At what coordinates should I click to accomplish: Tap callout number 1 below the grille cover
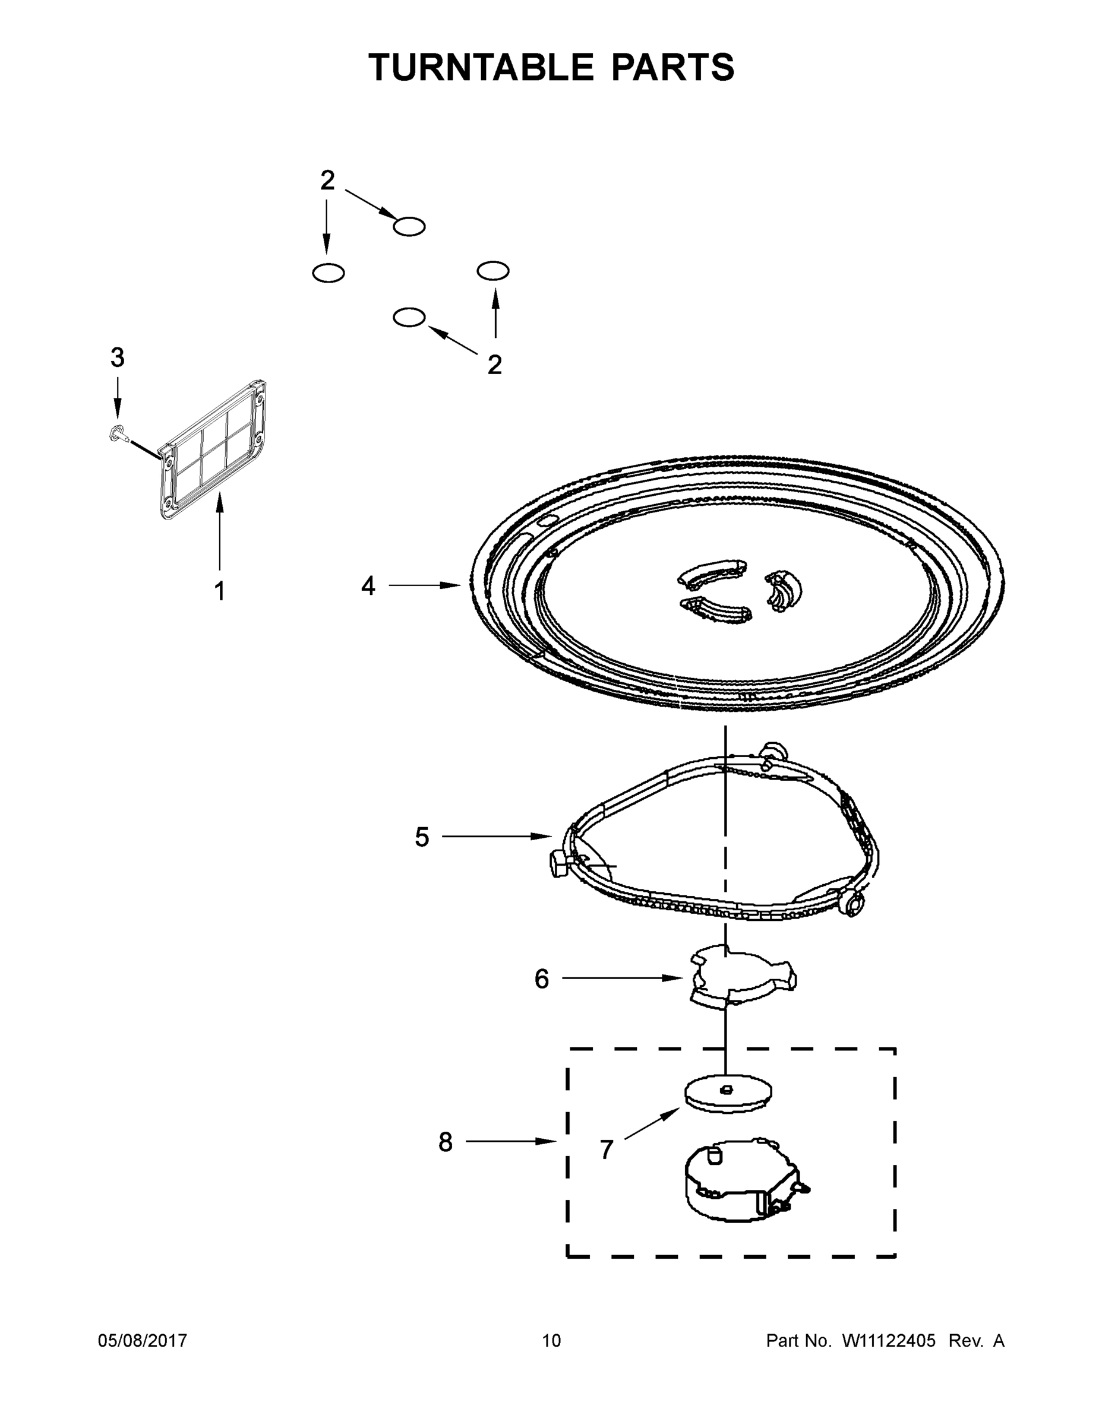coord(220,591)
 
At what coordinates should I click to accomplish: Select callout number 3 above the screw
coord(117,357)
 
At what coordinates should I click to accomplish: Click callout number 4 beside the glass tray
coord(368,586)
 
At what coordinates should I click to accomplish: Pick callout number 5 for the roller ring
coord(422,837)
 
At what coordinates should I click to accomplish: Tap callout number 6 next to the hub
coord(541,978)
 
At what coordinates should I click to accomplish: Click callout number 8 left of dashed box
coord(445,1142)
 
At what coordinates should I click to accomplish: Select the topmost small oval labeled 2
coord(409,226)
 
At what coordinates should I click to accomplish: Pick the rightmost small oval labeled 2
coord(493,270)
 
